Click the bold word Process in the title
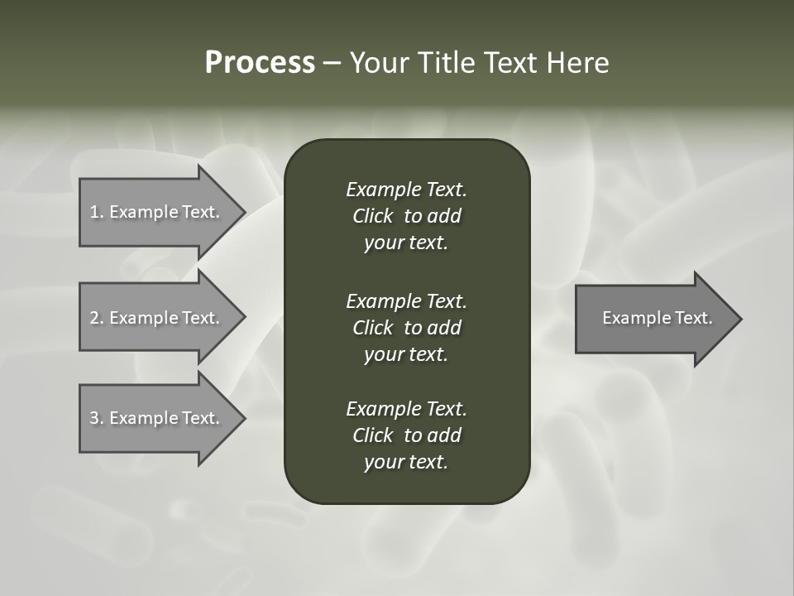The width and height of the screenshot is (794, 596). (260, 63)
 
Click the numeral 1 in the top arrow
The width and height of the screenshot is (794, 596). (94, 212)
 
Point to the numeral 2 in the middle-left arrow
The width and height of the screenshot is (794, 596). (95, 318)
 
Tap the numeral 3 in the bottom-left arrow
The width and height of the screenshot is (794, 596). (95, 418)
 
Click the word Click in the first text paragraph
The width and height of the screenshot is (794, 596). (373, 216)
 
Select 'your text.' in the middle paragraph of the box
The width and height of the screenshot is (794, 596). (406, 354)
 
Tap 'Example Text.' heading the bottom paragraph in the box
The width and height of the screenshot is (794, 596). (406, 409)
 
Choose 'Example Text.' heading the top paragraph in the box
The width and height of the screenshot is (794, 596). (406, 190)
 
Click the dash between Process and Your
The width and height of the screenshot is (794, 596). (332, 63)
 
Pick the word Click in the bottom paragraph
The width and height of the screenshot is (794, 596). (373, 435)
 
